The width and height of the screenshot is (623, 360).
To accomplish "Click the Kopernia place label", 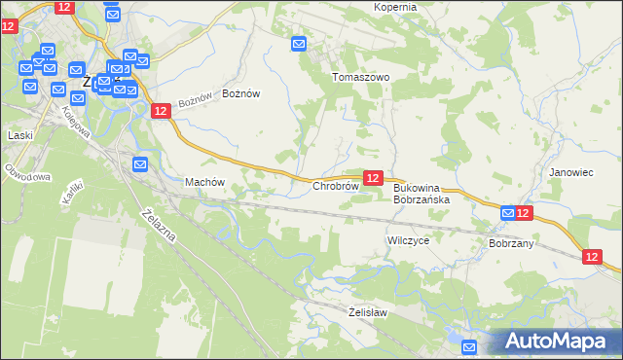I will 395,7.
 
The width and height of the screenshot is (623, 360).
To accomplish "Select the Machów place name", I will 204,182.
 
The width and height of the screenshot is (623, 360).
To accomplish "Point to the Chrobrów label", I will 336,185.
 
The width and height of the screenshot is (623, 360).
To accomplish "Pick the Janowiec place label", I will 570,172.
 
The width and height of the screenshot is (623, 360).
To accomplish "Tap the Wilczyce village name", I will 408,239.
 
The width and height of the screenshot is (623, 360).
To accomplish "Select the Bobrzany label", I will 511,243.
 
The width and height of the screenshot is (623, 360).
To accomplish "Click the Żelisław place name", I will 368,312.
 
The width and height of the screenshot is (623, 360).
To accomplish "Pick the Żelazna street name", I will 159,231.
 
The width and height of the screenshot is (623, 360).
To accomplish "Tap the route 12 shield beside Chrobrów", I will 373,177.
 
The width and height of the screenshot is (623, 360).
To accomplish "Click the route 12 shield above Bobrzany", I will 524,213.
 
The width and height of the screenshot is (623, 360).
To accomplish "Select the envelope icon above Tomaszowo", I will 299,44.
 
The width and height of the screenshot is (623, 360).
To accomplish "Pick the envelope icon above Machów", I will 139,164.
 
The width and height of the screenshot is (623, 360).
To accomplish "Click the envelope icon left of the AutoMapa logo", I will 469,347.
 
